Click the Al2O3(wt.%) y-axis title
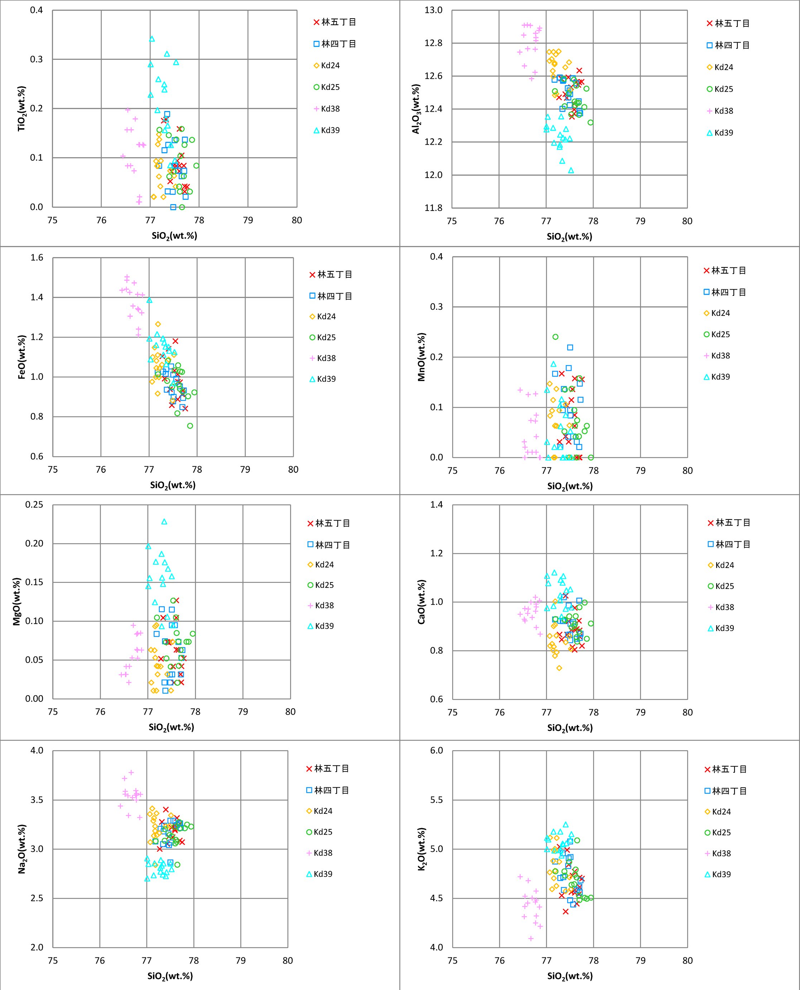click(x=416, y=109)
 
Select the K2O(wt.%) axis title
click(x=421, y=849)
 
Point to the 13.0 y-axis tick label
click(x=433, y=10)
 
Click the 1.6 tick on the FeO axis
click(x=37, y=257)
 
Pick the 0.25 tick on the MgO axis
click(x=34, y=505)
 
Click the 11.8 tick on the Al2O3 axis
click(x=433, y=208)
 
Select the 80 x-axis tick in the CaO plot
click(x=687, y=712)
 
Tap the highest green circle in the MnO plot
click(x=555, y=337)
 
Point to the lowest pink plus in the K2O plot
click(x=531, y=938)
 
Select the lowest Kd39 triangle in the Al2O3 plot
click(x=571, y=170)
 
